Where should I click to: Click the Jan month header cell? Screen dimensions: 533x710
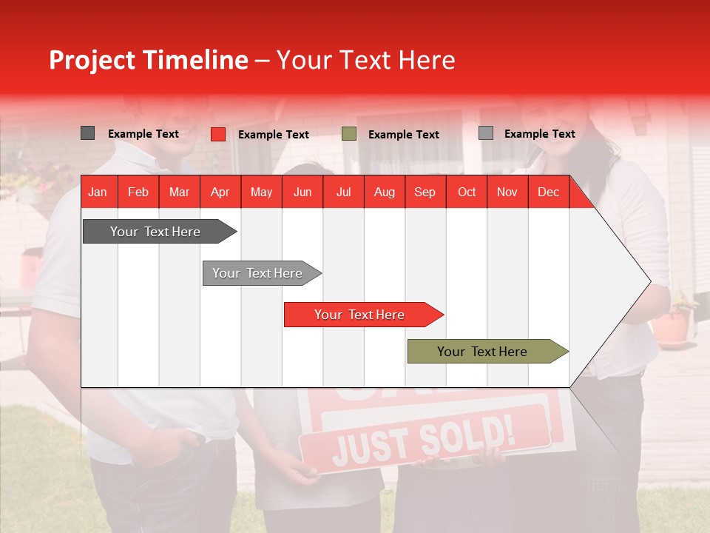[x=98, y=192]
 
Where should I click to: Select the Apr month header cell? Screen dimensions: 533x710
[x=220, y=192]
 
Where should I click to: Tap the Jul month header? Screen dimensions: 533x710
[x=343, y=192]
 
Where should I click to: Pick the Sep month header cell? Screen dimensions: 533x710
[x=425, y=192]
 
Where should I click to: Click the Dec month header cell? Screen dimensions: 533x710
[x=548, y=192]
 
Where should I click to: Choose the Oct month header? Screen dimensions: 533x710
[x=466, y=192]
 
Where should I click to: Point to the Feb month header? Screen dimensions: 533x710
[x=138, y=192]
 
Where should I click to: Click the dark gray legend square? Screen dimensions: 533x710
[x=87, y=133]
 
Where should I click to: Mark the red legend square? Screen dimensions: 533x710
[x=217, y=134]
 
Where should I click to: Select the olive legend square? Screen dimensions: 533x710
[x=349, y=134]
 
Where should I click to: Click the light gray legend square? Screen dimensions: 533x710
[x=485, y=133]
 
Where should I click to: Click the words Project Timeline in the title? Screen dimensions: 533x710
[x=148, y=60]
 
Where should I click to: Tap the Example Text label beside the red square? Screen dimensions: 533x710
[x=273, y=135]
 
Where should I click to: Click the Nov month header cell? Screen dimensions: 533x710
[x=507, y=192]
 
